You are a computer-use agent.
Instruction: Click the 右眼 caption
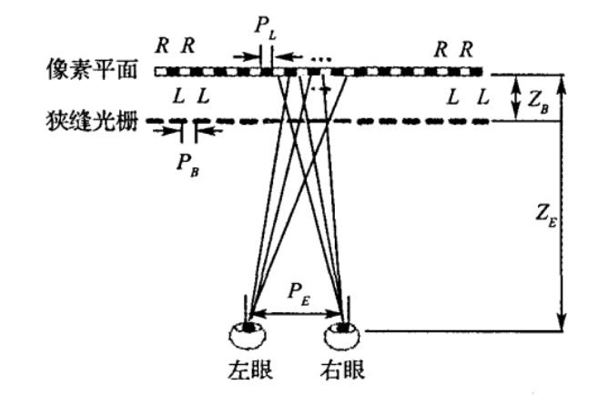[343, 372]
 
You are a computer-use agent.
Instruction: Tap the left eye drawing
[248, 337]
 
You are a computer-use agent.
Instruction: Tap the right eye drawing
[343, 337]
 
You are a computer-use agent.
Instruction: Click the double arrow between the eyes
[296, 315]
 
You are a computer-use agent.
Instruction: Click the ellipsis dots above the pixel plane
[320, 56]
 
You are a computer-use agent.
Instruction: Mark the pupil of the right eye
[343, 325]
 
